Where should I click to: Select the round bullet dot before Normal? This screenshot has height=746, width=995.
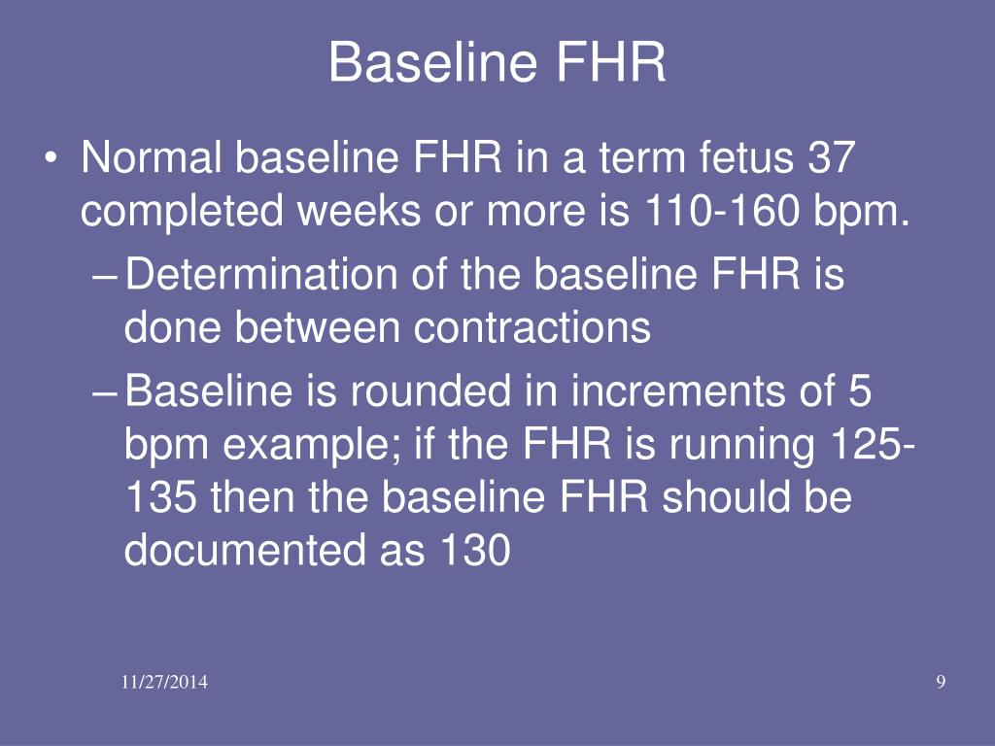51,158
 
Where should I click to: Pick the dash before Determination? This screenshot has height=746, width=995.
105,277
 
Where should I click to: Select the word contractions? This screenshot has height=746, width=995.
532,327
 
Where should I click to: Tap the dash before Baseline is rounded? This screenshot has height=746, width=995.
105,392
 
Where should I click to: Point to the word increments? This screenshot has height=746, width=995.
677,390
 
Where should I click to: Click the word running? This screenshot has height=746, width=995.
741,443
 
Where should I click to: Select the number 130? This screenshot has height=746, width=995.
475,550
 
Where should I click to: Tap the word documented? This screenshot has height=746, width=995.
245,549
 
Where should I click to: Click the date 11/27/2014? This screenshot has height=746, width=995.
164,682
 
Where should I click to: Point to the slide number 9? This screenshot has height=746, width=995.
941,682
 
